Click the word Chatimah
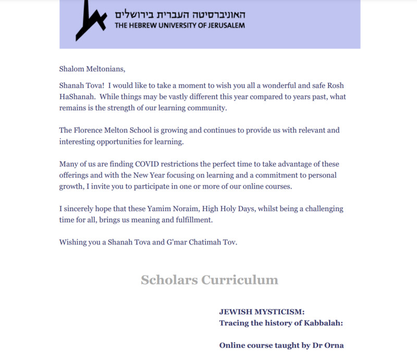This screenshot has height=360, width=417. (202, 242)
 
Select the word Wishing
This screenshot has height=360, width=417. (73, 242)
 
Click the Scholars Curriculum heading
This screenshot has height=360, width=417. (210, 280)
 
